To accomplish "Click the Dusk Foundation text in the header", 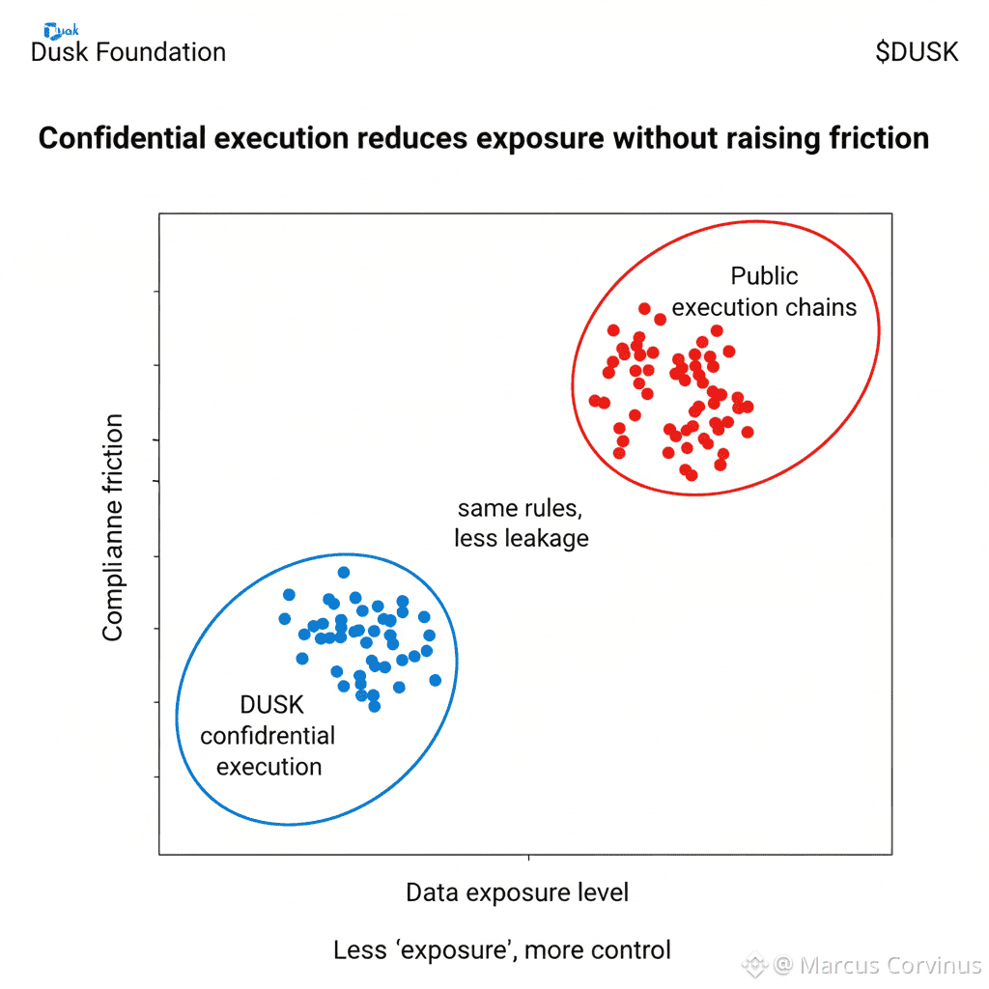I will [x=128, y=52].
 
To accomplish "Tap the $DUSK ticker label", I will [x=917, y=52].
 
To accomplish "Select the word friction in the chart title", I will [x=879, y=138].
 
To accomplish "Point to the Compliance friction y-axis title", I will [x=113, y=527].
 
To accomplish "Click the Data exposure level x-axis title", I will [x=517, y=892].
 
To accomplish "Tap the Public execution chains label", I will [x=764, y=292].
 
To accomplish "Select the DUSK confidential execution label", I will [x=268, y=736].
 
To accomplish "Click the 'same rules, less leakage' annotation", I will [x=522, y=523].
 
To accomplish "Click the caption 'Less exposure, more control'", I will [x=502, y=949].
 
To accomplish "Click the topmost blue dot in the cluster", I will [x=343, y=573].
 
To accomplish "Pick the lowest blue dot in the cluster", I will [x=375, y=706].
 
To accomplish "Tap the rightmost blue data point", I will [x=435, y=680].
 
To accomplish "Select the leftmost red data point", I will [x=595, y=400].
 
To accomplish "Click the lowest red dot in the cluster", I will [x=692, y=475].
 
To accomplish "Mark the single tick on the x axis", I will [x=527, y=858].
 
